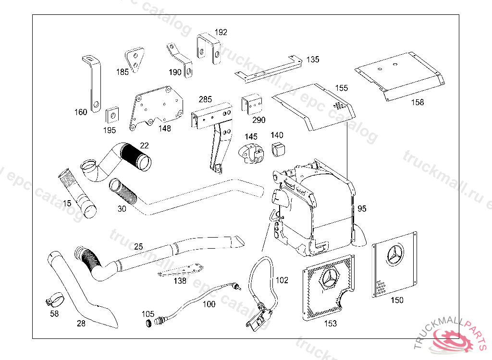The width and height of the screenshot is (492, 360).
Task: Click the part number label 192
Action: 221,33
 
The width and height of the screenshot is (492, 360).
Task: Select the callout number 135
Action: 312,60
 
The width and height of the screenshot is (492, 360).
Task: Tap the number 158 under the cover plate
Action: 418,102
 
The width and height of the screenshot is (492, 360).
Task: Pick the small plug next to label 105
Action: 149,321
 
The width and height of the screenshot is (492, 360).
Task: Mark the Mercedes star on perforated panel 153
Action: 331,280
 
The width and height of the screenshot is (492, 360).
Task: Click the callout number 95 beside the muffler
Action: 362,208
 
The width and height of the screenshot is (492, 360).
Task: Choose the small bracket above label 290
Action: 253,104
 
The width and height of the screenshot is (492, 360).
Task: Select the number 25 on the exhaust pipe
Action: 138,247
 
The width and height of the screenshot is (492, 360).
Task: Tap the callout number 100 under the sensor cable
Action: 209,304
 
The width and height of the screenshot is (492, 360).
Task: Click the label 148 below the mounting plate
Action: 165,129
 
